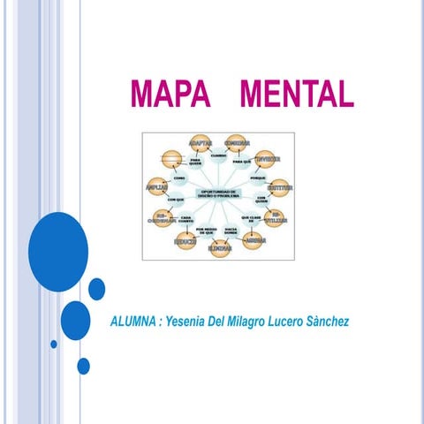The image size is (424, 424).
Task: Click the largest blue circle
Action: click(x=58, y=252)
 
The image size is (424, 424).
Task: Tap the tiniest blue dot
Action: click(x=54, y=344)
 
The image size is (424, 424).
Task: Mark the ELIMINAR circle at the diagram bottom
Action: click(x=221, y=248)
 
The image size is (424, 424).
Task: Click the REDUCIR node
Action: click(x=185, y=240)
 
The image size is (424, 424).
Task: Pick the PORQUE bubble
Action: click(x=259, y=178)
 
